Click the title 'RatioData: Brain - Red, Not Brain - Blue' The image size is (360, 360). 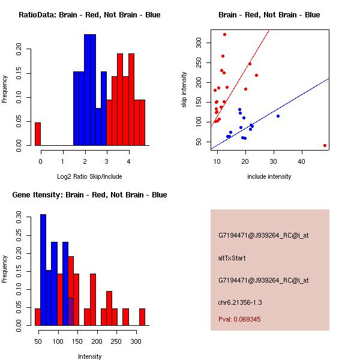click(x=89, y=15)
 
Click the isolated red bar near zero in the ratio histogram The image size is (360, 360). click(x=38, y=134)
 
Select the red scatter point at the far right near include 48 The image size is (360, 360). click(x=325, y=145)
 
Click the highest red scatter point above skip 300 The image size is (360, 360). click(x=224, y=34)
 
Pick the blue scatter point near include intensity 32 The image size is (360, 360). click(x=278, y=116)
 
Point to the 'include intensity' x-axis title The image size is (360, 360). click(x=269, y=176)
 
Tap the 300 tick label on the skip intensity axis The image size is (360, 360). click(x=199, y=43)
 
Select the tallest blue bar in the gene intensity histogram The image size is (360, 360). click(x=43, y=269)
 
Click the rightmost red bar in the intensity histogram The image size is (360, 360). click(x=142, y=317)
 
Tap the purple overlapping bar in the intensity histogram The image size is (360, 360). click(x=71, y=311)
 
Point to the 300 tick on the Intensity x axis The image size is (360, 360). click(x=136, y=341)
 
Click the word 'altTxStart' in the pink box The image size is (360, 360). click(x=232, y=258)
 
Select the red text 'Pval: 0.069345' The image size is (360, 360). click(x=239, y=320)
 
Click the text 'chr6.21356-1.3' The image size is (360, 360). click(x=239, y=302)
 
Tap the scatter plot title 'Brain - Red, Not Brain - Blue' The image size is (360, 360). click(x=269, y=15)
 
